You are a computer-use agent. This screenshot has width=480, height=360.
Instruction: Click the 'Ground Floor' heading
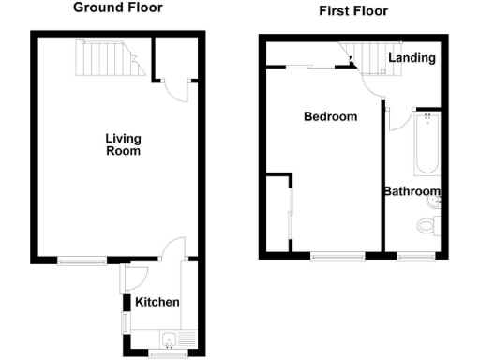coord(118,7)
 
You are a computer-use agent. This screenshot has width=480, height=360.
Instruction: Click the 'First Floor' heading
coord(352,11)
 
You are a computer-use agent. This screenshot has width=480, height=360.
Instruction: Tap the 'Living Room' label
coord(122,144)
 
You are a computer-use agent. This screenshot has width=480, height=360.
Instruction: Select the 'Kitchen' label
coord(157,302)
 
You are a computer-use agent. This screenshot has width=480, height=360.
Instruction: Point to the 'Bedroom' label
coord(330,117)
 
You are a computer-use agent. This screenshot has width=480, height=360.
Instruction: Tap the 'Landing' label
coord(412,58)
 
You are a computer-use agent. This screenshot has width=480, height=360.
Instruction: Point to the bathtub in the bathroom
coord(427,143)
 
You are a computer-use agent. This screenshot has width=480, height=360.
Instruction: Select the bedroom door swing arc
coord(367,82)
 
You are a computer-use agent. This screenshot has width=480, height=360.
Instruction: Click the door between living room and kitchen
coord(172,250)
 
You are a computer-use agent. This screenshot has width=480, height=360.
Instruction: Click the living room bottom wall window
coord(82,259)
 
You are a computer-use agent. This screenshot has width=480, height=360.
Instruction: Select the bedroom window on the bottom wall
coord(337,255)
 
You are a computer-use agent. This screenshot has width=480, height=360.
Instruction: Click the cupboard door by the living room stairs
coord(176,88)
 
